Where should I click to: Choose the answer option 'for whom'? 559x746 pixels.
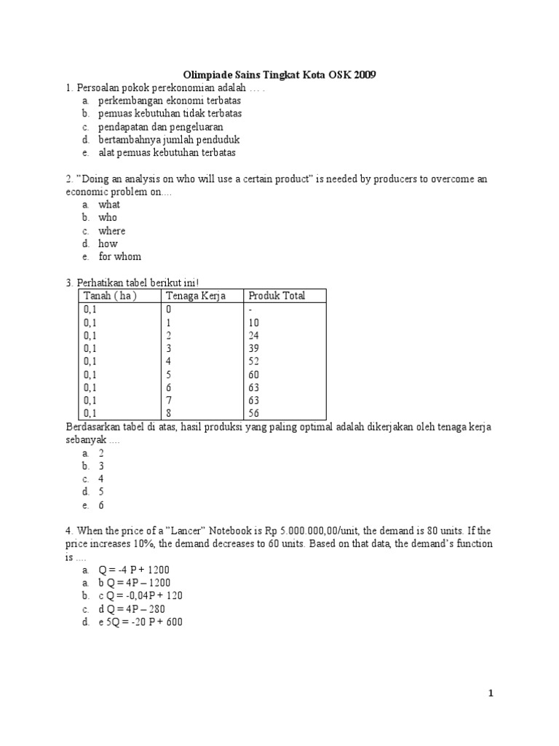tap(120, 256)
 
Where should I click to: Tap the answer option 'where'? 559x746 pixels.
tap(112, 231)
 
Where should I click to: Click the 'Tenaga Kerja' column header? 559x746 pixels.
tap(196, 296)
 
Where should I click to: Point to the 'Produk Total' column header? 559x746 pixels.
tap(277, 296)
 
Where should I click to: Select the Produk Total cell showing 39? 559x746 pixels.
tap(254, 348)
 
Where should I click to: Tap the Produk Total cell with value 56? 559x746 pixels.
tap(254, 413)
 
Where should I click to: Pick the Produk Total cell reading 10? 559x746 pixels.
tap(254, 322)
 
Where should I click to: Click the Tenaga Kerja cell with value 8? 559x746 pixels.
tap(169, 413)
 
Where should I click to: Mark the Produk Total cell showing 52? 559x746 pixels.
tap(254, 361)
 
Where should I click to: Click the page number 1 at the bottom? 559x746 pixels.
tap(491, 694)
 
